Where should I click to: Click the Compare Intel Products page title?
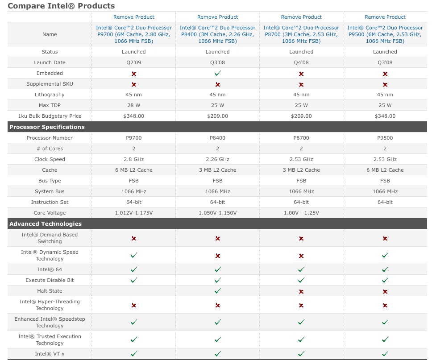61,6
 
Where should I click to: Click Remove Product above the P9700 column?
133,17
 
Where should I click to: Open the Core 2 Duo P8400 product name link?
217,34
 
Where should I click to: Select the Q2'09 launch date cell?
133,62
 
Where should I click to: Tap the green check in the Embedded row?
217,73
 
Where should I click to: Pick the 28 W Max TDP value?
133,105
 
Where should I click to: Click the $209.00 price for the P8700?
301,116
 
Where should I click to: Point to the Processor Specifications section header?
47,127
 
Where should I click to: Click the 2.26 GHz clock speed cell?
217,159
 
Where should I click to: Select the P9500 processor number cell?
385,138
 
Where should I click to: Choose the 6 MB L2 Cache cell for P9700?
133,170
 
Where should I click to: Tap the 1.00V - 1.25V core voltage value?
301,213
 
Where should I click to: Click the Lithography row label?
50,95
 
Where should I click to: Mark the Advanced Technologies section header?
46,224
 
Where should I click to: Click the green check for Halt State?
217,291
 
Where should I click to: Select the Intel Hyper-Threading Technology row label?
50,305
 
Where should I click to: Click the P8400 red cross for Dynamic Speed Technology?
217,256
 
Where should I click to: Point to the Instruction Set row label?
50,202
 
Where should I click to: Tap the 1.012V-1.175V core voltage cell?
133,213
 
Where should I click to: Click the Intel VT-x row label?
50,354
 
